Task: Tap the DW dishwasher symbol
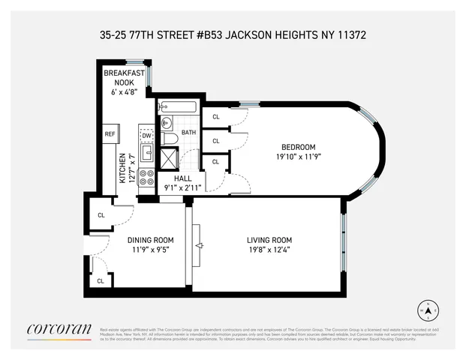pyautogui.click(x=146, y=135)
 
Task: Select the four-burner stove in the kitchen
pyautogui.click(x=146, y=180)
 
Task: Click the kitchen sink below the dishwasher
pyautogui.click(x=146, y=154)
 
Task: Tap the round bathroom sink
pyautogui.click(x=167, y=122)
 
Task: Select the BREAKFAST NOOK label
pyautogui.click(x=124, y=77)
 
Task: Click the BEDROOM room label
pyautogui.click(x=299, y=146)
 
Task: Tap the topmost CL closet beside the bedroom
pyautogui.click(x=216, y=117)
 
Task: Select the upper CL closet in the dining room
pyautogui.click(x=101, y=215)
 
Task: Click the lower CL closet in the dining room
pyautogui.click(x=101, y=280)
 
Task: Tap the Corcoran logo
pyautogui.click(x=59, y=329)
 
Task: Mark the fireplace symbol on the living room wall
pyautogui.click(x=199, y=246)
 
